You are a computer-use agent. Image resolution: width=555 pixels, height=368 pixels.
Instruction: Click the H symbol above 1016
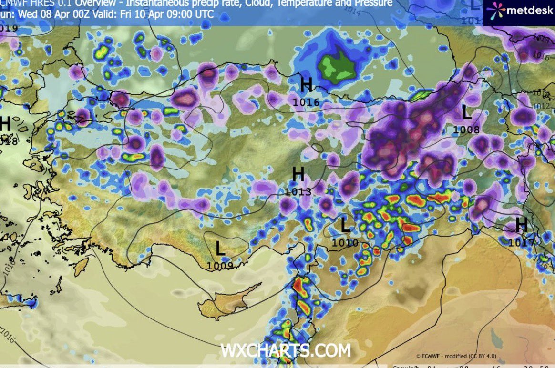click(306, 86)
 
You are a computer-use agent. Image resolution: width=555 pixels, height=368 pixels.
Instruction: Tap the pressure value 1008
click(467, 129)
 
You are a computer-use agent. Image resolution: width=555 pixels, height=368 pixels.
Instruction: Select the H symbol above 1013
click(298, 175)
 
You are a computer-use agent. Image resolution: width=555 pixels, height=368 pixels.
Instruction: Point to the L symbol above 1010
click(345, 225)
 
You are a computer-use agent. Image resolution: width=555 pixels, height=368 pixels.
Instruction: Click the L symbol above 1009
click(220, 249)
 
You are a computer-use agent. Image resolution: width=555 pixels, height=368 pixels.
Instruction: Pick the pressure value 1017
click(521, 242)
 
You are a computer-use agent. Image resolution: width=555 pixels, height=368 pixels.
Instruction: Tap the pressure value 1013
click(298, 192)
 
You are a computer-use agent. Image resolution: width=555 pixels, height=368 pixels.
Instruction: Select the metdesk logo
click(520, 10)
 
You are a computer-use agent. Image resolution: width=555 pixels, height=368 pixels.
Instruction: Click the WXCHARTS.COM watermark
click(285, 351)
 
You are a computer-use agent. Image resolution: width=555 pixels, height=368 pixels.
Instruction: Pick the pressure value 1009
click(220, 266)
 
